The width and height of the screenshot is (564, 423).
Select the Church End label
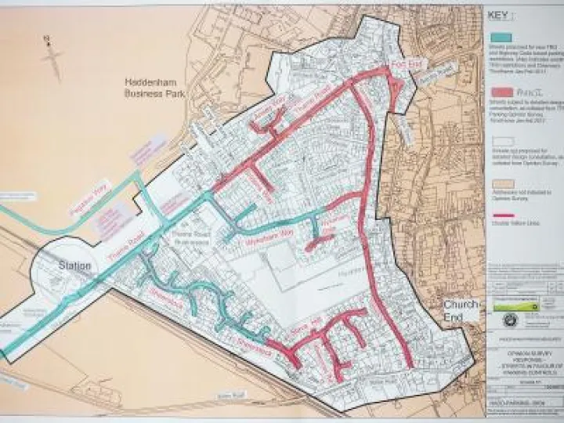461,310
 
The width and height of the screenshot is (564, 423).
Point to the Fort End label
398,64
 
